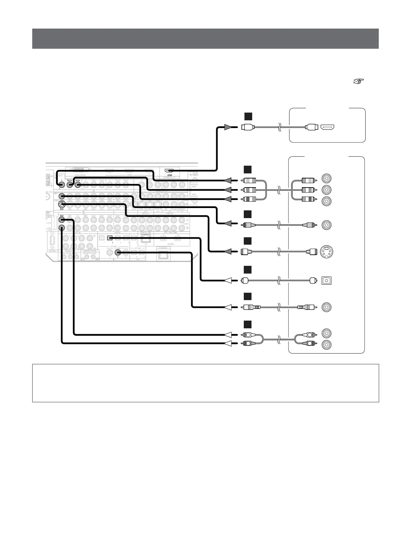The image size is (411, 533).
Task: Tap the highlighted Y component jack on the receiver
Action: [62, 184]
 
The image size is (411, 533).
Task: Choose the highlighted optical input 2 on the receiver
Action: [109, 238]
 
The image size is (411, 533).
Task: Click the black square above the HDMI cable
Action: [248, 116]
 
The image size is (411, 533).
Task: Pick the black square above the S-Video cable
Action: [248, 241]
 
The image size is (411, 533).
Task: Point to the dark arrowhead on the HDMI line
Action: [228, 127]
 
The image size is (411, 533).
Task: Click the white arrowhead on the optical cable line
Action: [228, 280]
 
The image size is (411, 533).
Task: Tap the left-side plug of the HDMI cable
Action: [248, 127]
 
